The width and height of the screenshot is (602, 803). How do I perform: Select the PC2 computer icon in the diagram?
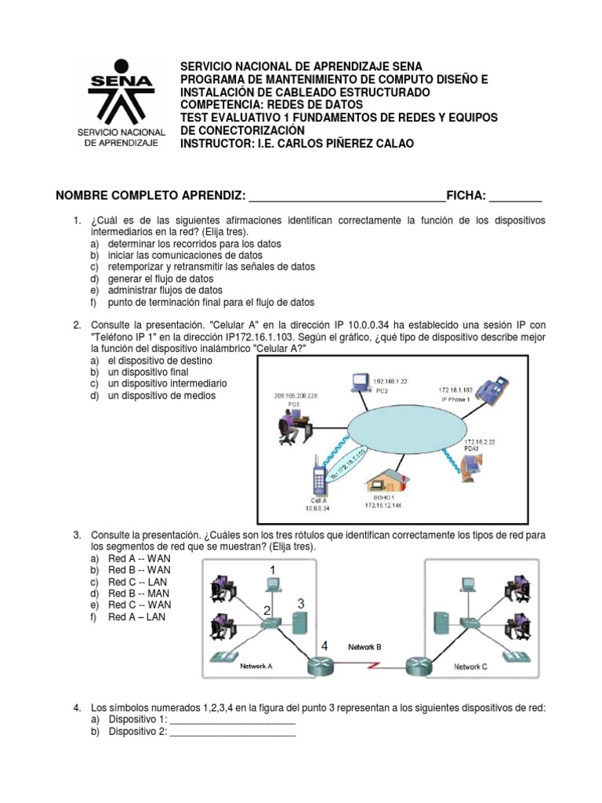click(361, 383)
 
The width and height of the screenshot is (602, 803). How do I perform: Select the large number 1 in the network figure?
click(273, 569)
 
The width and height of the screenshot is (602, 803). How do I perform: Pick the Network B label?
click(364, 647)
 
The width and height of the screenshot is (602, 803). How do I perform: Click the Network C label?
click(471, 667)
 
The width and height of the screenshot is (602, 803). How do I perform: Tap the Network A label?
click(256, 666)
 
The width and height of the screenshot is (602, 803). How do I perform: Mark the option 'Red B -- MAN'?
click(140, 594)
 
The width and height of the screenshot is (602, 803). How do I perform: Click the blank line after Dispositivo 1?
click(232, 721)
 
